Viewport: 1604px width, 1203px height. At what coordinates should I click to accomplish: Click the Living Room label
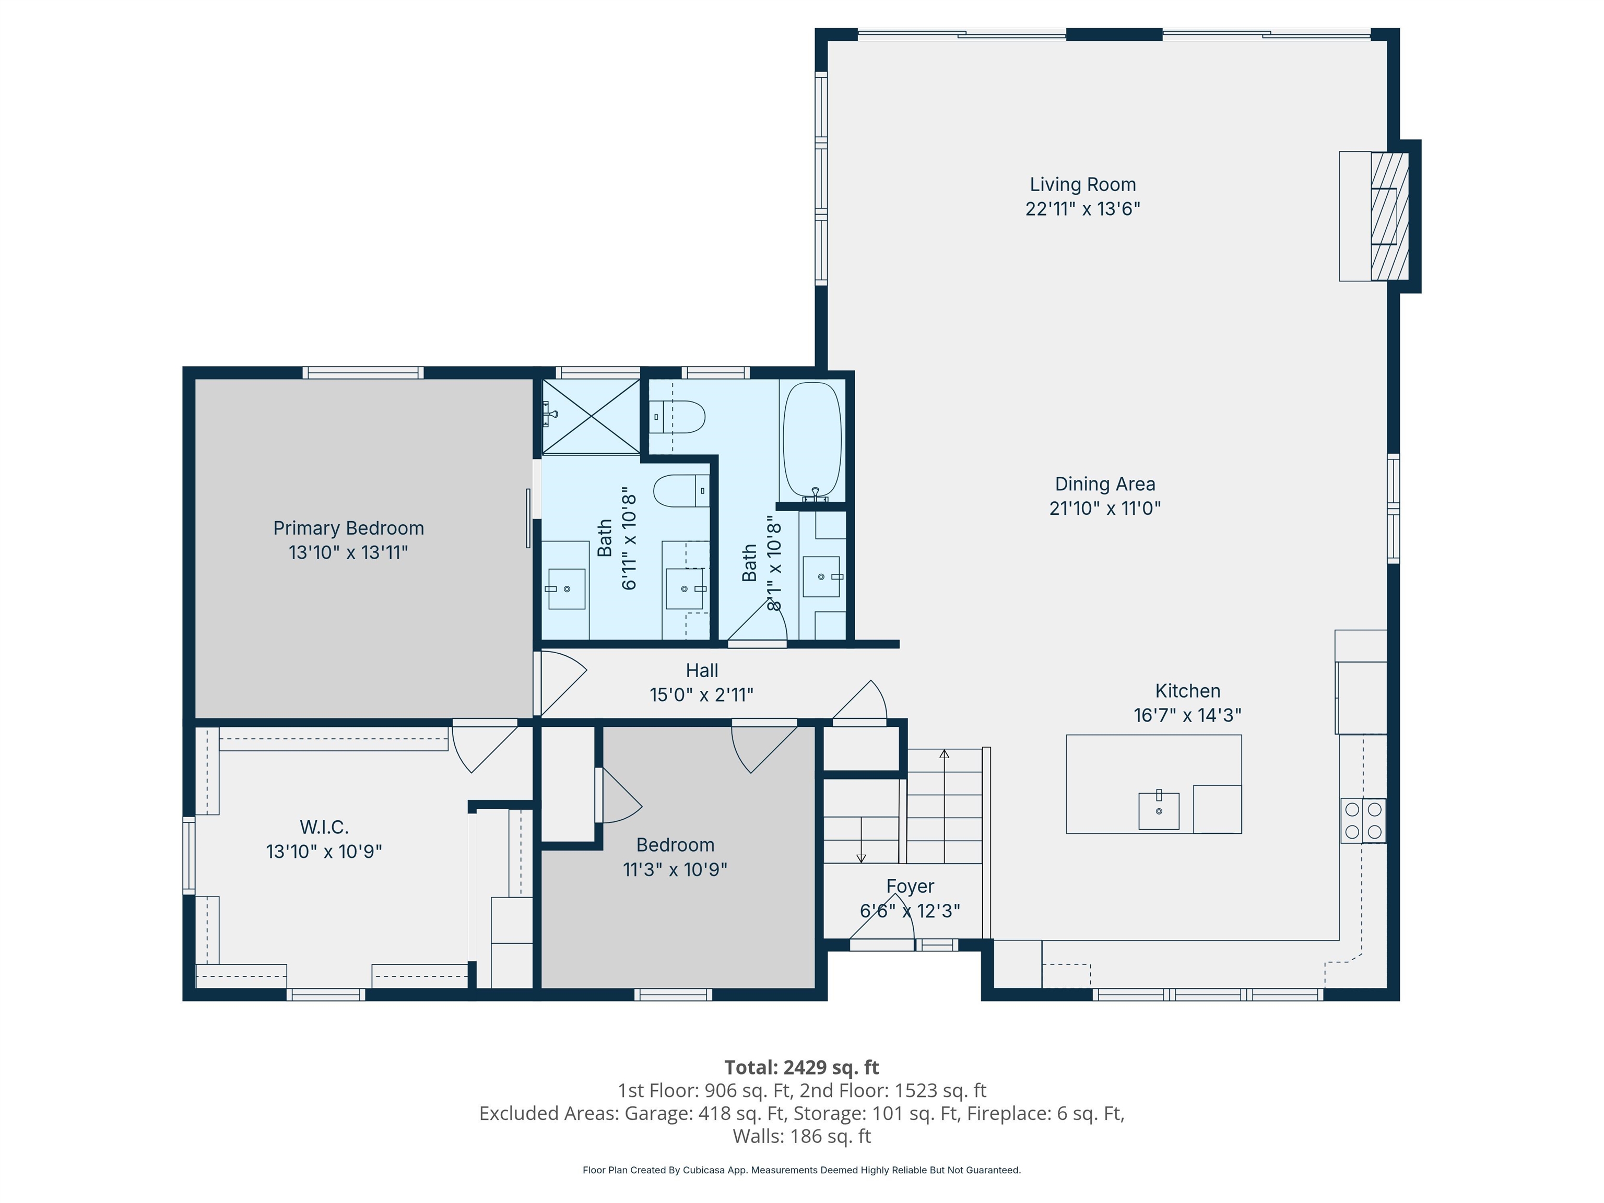click(x=1082, y=185)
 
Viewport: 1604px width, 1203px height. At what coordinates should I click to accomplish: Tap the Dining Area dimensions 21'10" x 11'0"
click(x=1105, y=509)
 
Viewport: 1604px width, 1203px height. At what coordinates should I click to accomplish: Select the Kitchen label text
click(x=1188, y=691)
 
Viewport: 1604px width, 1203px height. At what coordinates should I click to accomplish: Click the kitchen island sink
click(x=1159, y=810)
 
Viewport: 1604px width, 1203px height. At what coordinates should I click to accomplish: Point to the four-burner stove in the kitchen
click(x=1363, y=821)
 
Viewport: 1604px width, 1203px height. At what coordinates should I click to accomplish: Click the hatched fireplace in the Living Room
click(x=1389, y=217)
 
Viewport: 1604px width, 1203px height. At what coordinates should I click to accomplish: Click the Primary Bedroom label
click(x=349, y=528)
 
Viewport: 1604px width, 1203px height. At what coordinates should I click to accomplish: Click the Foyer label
click(x=910, y=887)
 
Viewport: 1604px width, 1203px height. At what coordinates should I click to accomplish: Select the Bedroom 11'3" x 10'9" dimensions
click(x=675, y=869)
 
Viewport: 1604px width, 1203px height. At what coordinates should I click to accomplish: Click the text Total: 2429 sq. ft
click(x=802, y=1067)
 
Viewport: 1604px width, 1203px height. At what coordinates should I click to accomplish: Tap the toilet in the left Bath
click(x=681, y=491)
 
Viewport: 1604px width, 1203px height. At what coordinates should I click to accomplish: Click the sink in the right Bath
click(x=821, y=576)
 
